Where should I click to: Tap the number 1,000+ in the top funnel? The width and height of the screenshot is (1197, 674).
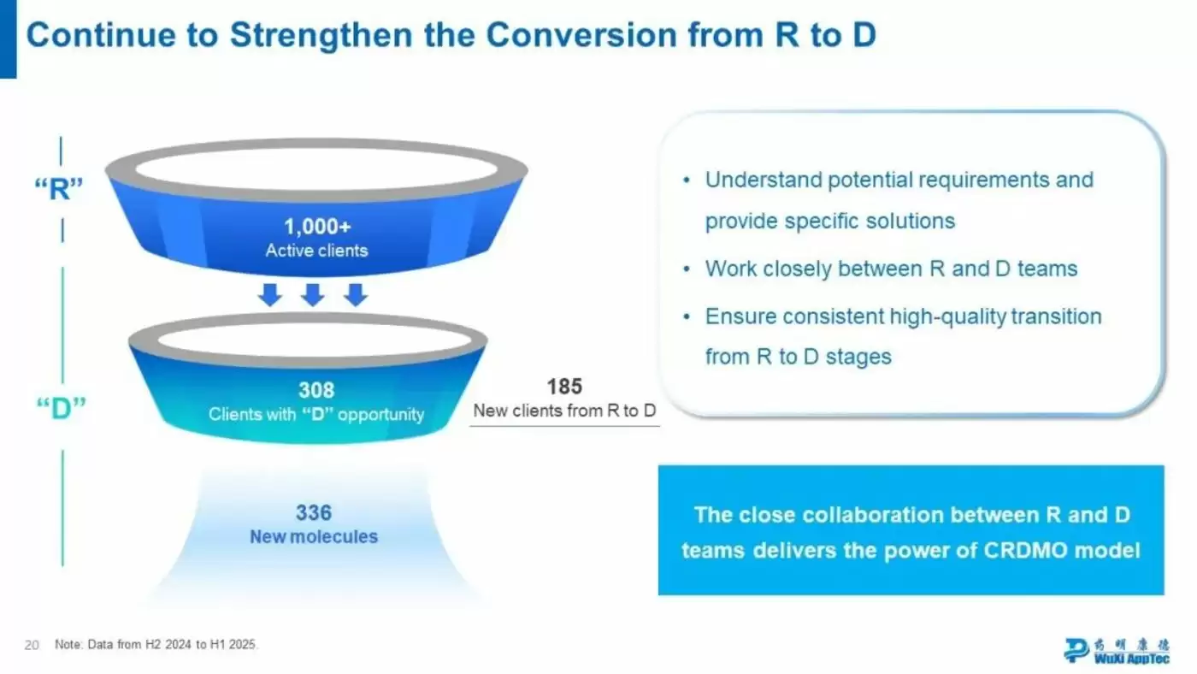pyautogui.click(x=317, y=227)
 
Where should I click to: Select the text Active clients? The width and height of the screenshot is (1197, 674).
pyautogui.click(x=317, y=251)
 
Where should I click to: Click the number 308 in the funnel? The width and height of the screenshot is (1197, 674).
pyautogui.click(x=316, y=390)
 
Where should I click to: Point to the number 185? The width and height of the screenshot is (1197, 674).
pyautogui.click(x=564, y=387)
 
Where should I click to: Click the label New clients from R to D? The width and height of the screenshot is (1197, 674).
pyautogui.click(x=564, y=411)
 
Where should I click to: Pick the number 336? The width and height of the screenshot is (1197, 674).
pyautogui.click(x=314, y=512)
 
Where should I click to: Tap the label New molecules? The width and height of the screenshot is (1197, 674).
pyautogui.click(x=314, y=536)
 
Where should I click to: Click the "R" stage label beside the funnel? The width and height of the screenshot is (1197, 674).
pyautogui.click(x=59, y=189)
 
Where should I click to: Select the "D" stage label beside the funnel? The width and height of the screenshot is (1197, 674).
pyautogui.click(x=61, y=408)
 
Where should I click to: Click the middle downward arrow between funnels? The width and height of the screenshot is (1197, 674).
pyautogui.click(x=313, y=294)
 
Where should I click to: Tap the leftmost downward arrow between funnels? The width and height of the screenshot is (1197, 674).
pyautogui.click(x=270, y=294)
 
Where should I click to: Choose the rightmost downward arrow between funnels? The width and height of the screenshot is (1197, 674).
pyautogui.click(x=356, y=294)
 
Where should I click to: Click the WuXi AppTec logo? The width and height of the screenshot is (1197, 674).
pyautogui.click(x=1117, y=651)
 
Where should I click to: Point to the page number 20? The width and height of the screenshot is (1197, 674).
pyautogui.click(x=32, y=645)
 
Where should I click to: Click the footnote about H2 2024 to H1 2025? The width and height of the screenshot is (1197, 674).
pyautogui.click(x=156, y=645)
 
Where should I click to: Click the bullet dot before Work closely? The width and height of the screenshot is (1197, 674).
pyautogui.click(x=687, y=269)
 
